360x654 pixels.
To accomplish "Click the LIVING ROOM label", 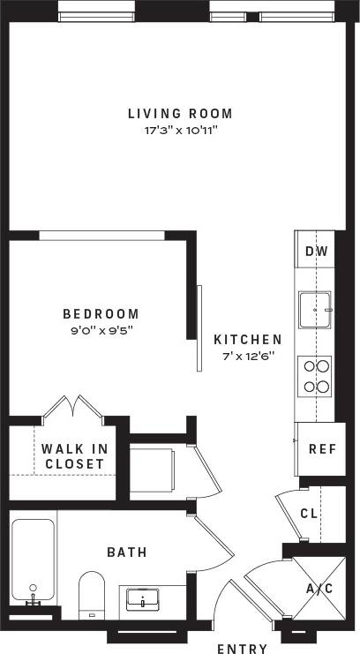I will [x=180, y=113].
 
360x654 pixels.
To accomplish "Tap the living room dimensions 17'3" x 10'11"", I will [x=180, y=130].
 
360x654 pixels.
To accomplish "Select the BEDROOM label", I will [x=101, y=314].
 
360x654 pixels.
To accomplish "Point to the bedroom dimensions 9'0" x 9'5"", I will [x=101, y=331].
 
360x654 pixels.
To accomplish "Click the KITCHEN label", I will [x=248, y=339].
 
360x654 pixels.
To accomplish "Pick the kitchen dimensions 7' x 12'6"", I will [x=248, y=356].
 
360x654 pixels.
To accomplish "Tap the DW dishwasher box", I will [x=316, y=252].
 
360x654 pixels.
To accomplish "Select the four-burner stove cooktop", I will [x=316, y=374].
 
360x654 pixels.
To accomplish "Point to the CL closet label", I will [x=308, y=513].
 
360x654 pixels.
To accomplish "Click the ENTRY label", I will [x=242, y=649].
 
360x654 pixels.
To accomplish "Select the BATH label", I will [x=127, y=553].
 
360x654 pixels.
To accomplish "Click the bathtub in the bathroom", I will [x=34, y=560].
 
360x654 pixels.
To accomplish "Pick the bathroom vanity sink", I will [x=142, y=600].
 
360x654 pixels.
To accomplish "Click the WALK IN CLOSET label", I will [x=73, y=455].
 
